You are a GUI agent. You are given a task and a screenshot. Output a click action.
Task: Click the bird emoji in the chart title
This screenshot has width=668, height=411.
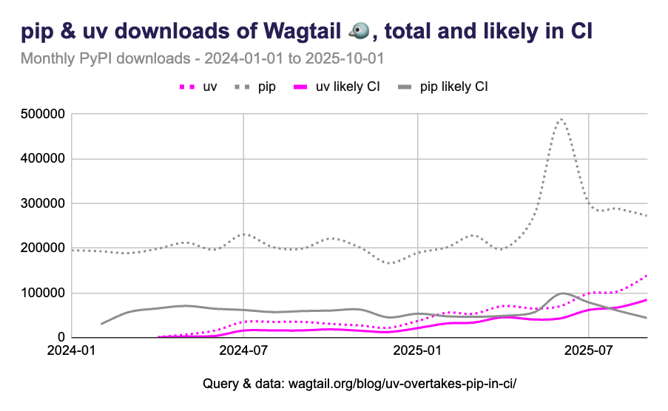[360, 31]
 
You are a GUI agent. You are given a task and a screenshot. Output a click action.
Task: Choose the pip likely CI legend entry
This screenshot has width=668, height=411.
[443, 86]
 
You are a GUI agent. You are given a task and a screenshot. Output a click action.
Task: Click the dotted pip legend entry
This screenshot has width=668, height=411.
[256, 86]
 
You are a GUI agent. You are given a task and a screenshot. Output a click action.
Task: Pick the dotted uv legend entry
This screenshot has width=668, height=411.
[198, 86]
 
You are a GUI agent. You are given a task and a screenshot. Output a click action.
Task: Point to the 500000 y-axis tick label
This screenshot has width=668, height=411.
[45, 114]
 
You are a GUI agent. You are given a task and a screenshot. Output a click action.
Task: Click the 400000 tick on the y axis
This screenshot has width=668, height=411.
[45, 158]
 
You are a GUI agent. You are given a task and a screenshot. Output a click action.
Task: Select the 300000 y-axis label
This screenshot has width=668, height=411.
[45, 203]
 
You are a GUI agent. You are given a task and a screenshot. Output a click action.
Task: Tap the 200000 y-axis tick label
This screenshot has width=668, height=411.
[45, 248]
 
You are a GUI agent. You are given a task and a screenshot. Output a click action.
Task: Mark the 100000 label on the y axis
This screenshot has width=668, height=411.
[45, 293]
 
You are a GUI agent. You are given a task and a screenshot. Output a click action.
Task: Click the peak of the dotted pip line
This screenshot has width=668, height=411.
[561, 118]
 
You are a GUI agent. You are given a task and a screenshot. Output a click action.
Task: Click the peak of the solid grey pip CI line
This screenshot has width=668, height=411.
[562, 293]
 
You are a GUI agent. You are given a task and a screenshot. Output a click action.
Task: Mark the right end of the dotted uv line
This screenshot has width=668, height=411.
[647, 275]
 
